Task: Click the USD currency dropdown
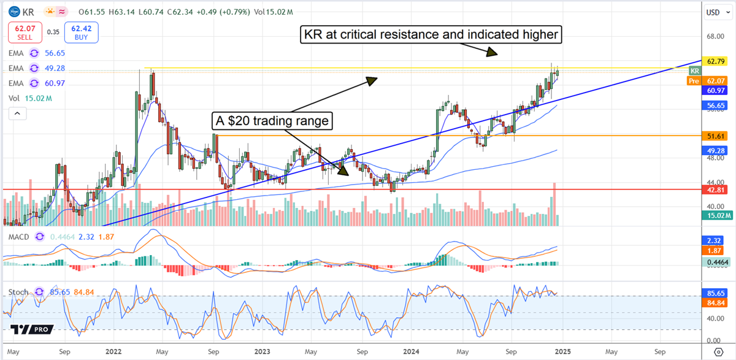click(713, 12)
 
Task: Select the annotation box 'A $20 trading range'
click(272, 121)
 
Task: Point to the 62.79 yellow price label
click(716, 61)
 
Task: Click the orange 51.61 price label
click(716, 135)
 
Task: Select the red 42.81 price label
click(716, 190)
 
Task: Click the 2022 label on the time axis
click(113, 352)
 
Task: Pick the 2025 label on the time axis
click(562, 352)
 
